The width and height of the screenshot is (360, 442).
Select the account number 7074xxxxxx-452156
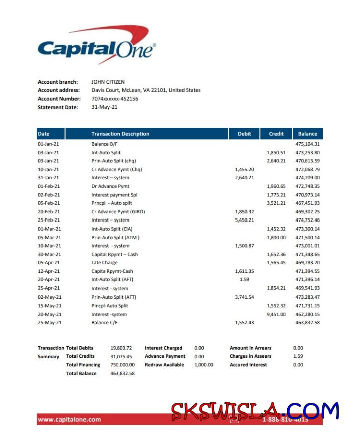115,99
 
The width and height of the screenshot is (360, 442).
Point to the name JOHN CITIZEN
108,82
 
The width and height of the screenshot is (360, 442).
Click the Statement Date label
58,107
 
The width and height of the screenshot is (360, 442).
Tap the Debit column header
244,134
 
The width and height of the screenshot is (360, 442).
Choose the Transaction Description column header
120,134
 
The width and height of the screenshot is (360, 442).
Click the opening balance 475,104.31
307,144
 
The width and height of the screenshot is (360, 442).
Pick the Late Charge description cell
104,262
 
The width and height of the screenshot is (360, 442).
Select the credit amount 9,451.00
276,314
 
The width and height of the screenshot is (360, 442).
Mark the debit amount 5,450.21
244,220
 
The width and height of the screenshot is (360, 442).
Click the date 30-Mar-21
49,254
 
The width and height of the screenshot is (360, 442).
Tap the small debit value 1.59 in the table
244,279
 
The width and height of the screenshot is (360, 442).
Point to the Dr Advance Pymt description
110,186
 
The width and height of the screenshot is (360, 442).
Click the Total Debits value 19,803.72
121,348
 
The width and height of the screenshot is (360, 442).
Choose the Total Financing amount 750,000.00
122,365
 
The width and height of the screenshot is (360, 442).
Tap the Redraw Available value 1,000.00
204,365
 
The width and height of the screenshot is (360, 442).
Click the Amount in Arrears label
250,348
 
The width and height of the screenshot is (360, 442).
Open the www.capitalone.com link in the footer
69,420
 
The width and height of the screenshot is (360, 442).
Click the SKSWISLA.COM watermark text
255,411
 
